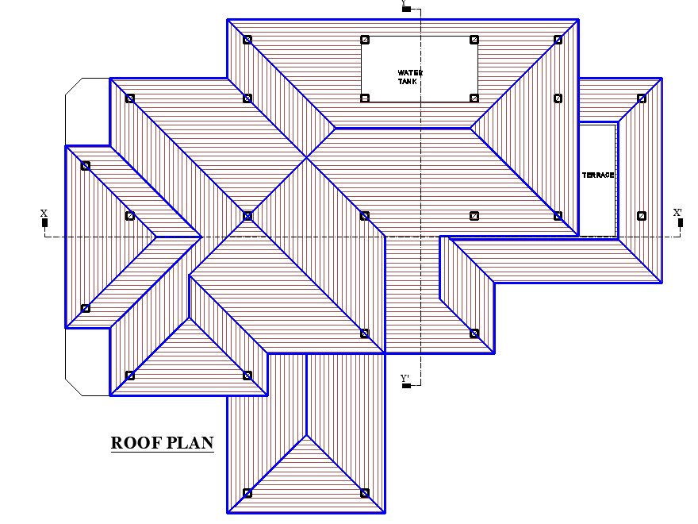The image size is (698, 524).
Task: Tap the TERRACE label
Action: point(598,175)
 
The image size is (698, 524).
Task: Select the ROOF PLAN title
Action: point(162,442)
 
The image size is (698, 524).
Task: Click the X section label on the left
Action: point(44,213)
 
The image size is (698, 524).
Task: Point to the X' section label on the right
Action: point(677,213)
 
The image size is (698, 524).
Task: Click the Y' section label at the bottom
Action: point(405,378)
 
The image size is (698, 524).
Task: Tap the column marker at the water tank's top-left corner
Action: point(365,39)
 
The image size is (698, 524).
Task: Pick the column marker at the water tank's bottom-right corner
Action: point(474,98)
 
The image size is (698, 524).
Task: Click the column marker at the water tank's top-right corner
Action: point(474,39)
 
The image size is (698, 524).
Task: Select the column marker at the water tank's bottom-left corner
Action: point(365,98)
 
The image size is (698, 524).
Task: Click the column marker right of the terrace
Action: point(642,215)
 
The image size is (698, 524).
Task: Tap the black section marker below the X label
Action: point(44,223)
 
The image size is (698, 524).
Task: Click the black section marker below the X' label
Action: point(681,223)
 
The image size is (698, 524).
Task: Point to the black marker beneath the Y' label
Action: point(406,386)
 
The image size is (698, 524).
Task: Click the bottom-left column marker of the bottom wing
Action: point(247,493)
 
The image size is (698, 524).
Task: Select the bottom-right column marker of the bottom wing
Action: point(365,493)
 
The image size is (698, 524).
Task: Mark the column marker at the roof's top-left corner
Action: point(247,39)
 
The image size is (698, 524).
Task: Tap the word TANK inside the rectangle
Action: point(410,81)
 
